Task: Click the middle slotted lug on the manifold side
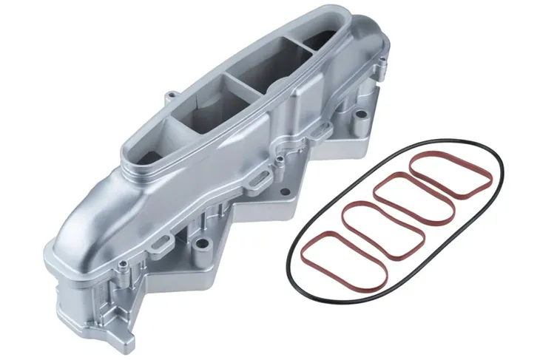(259, 177)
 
